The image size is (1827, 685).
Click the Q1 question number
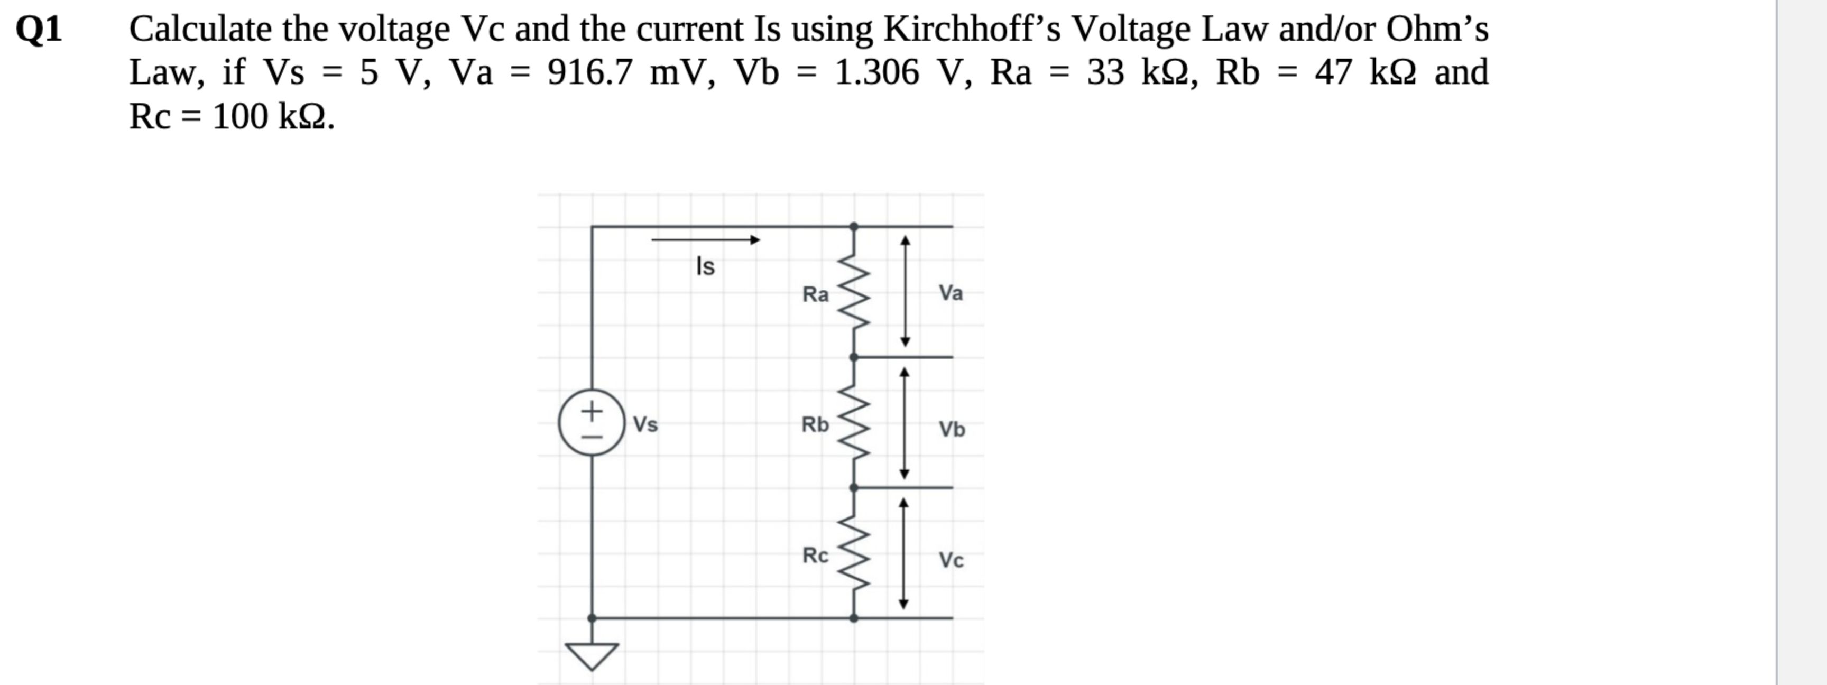pyautogui.click(x=39, y=30)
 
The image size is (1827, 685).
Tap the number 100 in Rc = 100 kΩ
pyautogui.click(x=239, y=117)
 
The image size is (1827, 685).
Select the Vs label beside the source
pyautogui.click(x=645, y=424)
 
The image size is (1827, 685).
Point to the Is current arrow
pyautogui.click(x=705, y=239)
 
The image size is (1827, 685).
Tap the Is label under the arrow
pyautogui.click(x=705, y=266)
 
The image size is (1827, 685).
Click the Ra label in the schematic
pyautogui.click(x=815, y=293)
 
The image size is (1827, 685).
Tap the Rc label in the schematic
pyautogui.click(x=815, y=555)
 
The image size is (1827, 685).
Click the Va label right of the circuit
pyautogui.click(x=951, y=292)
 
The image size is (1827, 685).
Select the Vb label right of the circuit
pyautogui.click(x=952, y=429)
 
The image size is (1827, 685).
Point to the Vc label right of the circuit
pyautogui.click(x=951, y=560)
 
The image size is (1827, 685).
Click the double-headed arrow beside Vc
pyautogui.click(x=903, y=553)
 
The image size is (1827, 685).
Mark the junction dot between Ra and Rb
pyautogui.click(x=854, y=357)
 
